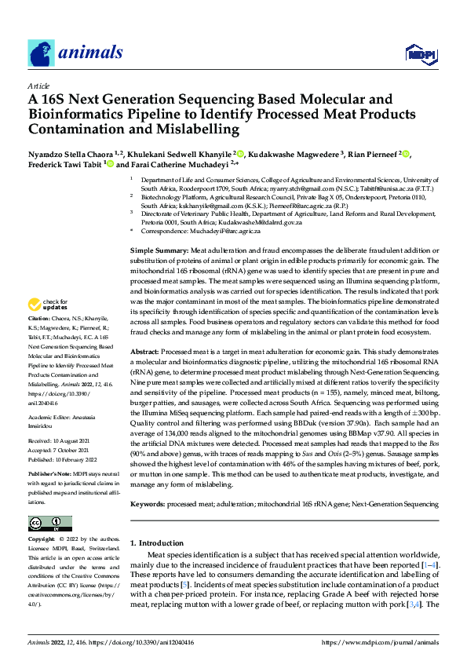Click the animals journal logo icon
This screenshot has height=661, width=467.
(41, 53)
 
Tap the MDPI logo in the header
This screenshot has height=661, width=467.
(417, 53)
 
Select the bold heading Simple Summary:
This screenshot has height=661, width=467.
(159, 250)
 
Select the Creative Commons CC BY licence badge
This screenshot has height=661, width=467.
(49, 524)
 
